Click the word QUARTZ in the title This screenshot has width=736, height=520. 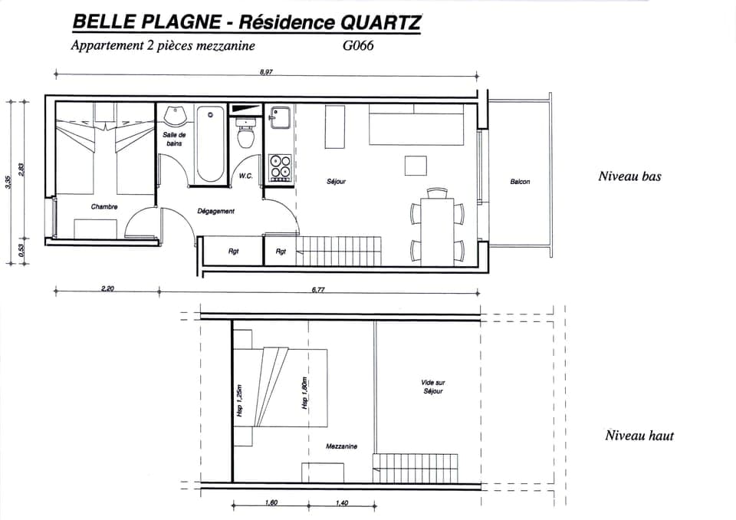375,22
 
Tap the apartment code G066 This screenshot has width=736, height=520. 358,45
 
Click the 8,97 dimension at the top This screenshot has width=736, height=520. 267,71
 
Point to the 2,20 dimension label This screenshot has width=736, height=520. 107,289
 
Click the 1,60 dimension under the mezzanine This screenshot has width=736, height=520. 271,503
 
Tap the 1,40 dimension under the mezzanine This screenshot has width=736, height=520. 342,503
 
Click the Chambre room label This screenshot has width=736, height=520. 104,207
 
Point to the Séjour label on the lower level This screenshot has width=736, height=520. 336,182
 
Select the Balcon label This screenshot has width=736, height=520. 520,182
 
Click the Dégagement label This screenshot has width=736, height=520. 216,211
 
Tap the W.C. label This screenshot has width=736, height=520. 246,176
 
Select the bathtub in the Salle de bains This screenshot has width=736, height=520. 210,144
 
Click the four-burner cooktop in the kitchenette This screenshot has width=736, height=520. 280,166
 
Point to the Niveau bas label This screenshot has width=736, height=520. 629,176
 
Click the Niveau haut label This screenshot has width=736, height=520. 639,436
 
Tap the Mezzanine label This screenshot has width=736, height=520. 340,446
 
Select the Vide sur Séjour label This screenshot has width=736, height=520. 432,387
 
